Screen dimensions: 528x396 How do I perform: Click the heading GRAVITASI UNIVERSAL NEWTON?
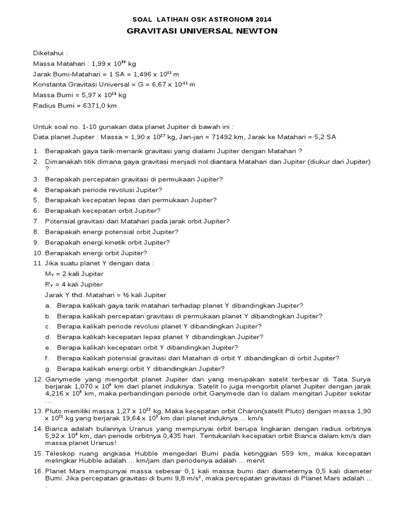point(202,31)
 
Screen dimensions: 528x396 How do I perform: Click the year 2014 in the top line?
point(262,19)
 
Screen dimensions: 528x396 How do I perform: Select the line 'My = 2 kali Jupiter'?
point(74,274)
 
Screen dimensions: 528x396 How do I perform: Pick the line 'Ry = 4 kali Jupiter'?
point(74,284)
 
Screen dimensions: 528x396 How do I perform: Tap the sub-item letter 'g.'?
point(47,369)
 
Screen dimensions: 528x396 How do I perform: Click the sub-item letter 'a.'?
point(47,305)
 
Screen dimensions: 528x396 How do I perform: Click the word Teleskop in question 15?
point(60,453)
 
